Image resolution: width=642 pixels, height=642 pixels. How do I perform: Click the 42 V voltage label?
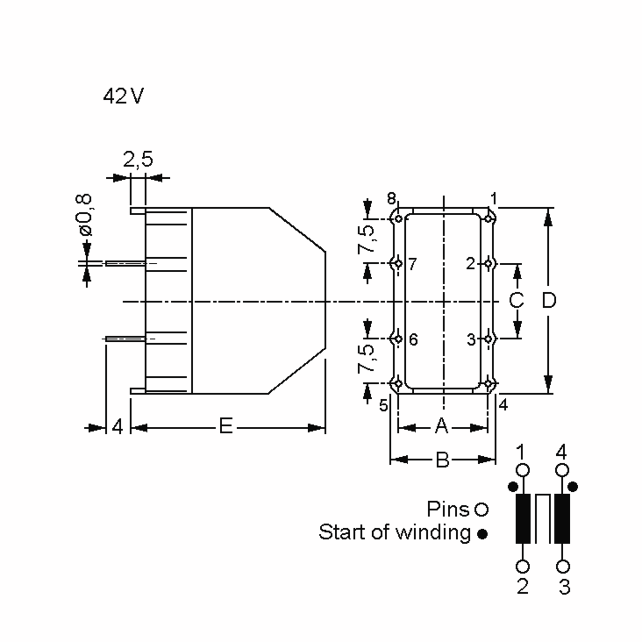click(x=123, y=96)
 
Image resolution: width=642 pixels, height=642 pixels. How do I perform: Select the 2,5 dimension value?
click(x=138, y=159)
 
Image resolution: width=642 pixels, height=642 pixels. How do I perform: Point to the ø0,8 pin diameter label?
click(x=83, y=215)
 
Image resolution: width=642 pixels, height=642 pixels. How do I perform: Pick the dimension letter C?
click(x=516, y=300)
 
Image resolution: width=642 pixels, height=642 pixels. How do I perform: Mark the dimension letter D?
click(x=549, y=300)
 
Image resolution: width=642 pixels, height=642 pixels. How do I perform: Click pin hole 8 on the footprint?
click(x=398, y=219)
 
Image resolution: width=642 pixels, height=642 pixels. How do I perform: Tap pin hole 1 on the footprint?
click(x=488, y=219)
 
